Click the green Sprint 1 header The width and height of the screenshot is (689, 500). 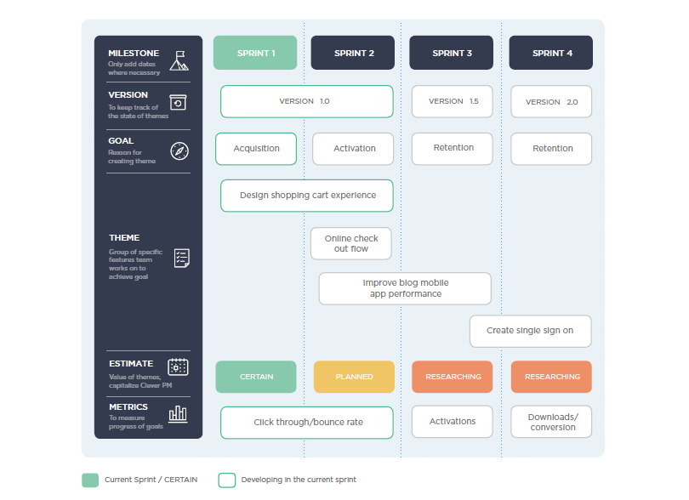pyautogui.click(x=255, y=53)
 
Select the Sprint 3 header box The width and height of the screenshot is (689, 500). pyautogui.click(x=452, y=53)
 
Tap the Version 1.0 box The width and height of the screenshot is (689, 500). pyautogui.click(x=307, y=101)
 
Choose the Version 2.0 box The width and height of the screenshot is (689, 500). pyautogui.click(x=551, y=101)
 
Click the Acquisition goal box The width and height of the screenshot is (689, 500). pyautogui.click(x=256, y=149)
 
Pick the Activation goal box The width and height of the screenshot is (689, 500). pyautogui.click(x=353, y=149)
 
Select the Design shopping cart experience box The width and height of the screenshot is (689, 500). pyautogui.click(x=307, y=196)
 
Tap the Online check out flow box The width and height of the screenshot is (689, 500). pyautogui.click(x=351, y=243)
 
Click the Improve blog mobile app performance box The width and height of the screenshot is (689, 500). pyautogui.click(x=405, y=288)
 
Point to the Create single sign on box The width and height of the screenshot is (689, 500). pyautogui.click(x=531, y=332)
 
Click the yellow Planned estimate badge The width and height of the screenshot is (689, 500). pyautogui.click(x=354, y=377)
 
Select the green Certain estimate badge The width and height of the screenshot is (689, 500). pyautogui.click(x=256, y=377)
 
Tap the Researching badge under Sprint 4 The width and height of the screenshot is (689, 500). pyautogui.click(x=551, y=377)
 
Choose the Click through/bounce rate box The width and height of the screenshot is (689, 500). pyautogui.click(x=307, y=423)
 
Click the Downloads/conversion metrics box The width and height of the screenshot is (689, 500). pyautogui.click(x=551, y=422)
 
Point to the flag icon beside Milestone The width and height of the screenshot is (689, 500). pyautogui.click(x=179, y=60)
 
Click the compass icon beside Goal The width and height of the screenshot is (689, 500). pyautogui.click(x=179, y=151)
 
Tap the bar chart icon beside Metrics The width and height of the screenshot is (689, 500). pyautogui.click(x=178, y=414)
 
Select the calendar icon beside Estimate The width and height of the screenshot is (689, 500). pyautogui.click(x=178, y=366)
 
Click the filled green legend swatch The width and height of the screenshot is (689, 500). pyautogui.click(x=90, y=480)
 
